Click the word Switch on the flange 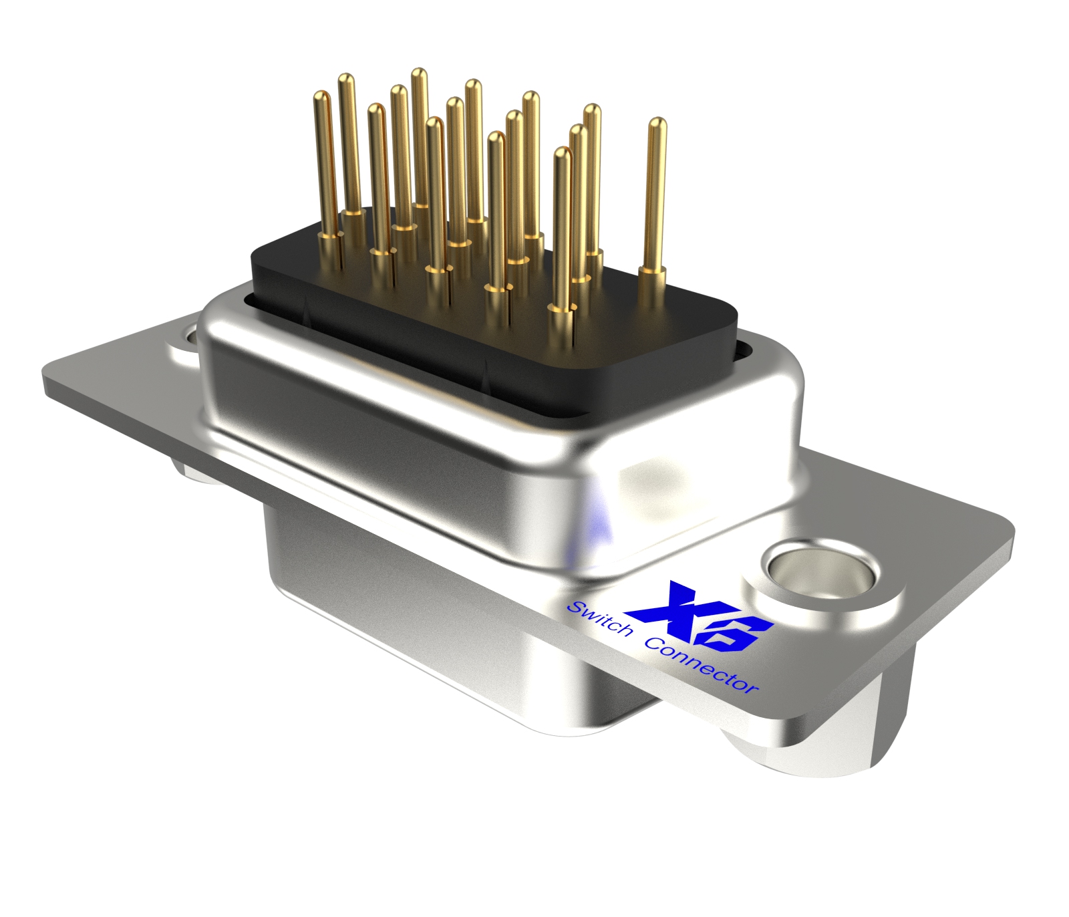[599, 619]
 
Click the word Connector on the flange [702, 666]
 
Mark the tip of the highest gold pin [419, 72]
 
